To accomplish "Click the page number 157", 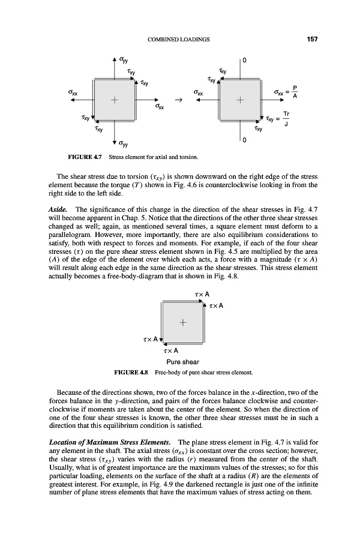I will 311,40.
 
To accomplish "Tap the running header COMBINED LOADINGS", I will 178,40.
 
